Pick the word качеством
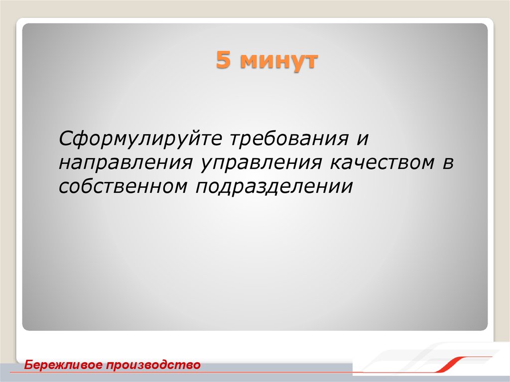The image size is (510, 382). point(375,162)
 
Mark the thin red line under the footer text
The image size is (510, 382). point(149,373)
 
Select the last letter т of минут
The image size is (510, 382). point(310,62)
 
